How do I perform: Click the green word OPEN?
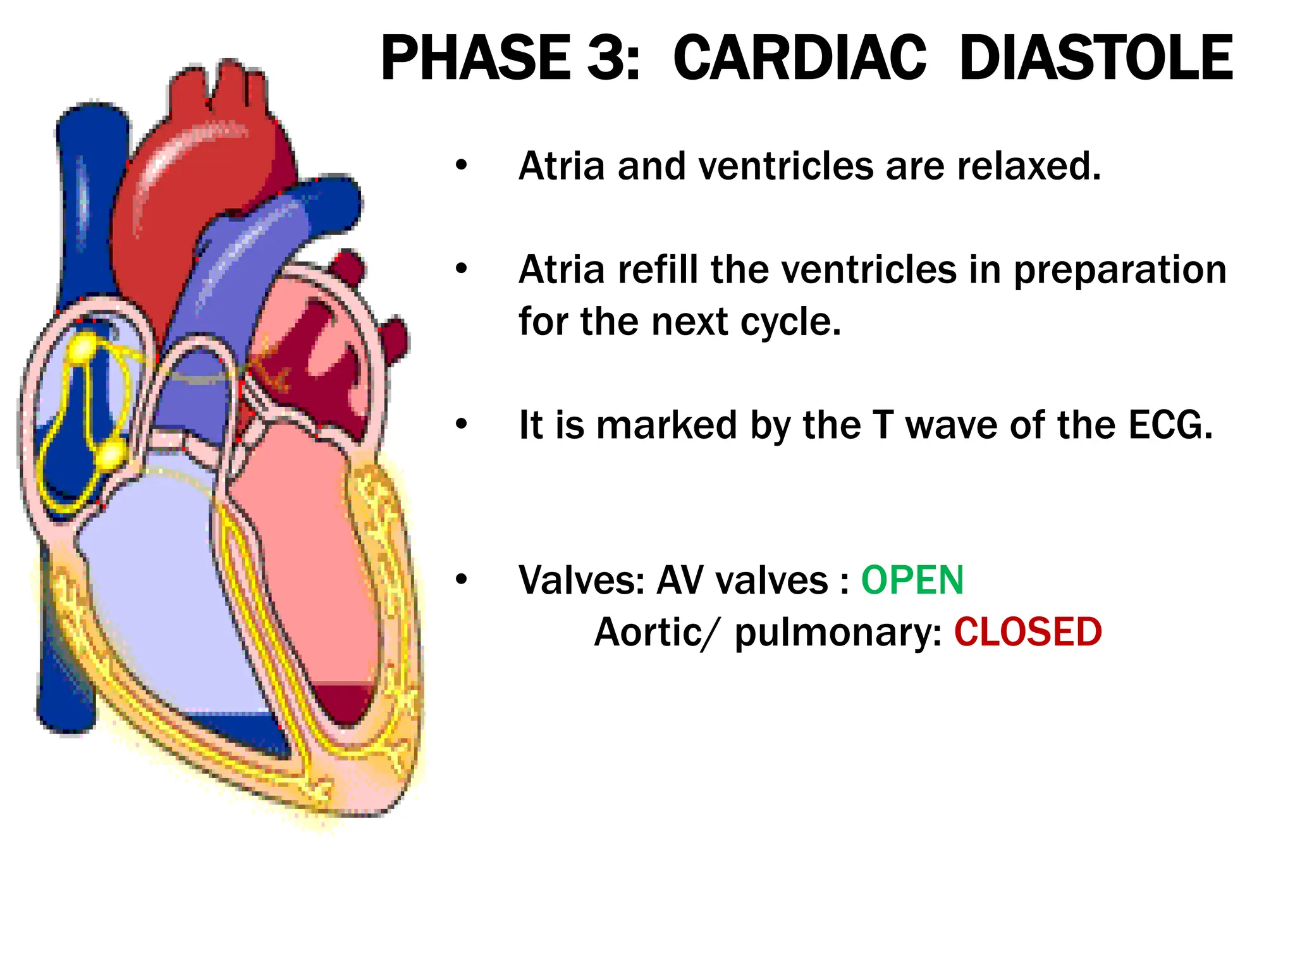[912, 580]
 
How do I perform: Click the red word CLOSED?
[1028, 632]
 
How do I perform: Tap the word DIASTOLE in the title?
[1095, 58]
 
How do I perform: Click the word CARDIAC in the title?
[799, 58]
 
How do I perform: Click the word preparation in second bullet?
[1120, 271]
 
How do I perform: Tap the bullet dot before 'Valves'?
[462, 580]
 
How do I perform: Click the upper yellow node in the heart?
[83, 348]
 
